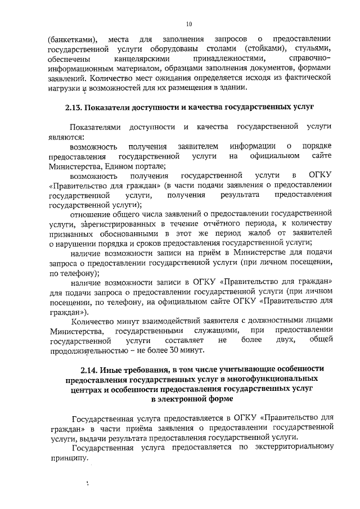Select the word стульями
point(313,49)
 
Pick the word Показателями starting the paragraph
point(96,128)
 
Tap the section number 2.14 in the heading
point(92,369)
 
